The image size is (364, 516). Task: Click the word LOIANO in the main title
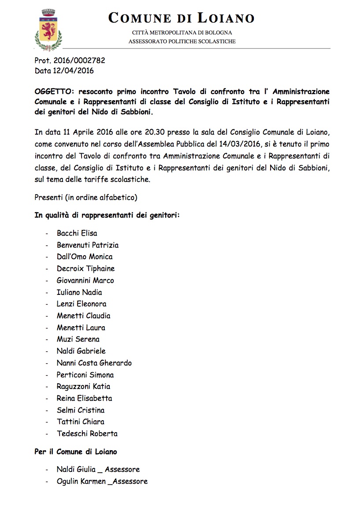tap(225, 18)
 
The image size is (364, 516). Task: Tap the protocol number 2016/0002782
tap(78, 61)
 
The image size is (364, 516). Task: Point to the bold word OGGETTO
tap(53, 92)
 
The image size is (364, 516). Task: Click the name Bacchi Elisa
tap(77, 233)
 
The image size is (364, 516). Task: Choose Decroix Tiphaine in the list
tap(85, 268)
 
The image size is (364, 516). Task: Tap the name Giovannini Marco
tap(85, 280)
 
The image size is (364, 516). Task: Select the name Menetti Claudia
tap(83, 316)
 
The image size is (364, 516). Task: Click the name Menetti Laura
tap(81, 328)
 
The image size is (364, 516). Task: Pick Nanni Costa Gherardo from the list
tap(94, 363)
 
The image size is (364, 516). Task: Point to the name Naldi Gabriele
tap(81, 351)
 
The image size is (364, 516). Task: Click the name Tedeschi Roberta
tap(87, 433)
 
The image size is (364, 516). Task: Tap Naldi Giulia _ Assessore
tap(98, 469)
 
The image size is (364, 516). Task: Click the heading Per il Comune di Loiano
tap(75, 452)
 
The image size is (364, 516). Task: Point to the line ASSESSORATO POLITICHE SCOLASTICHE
tap(182, 41)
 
